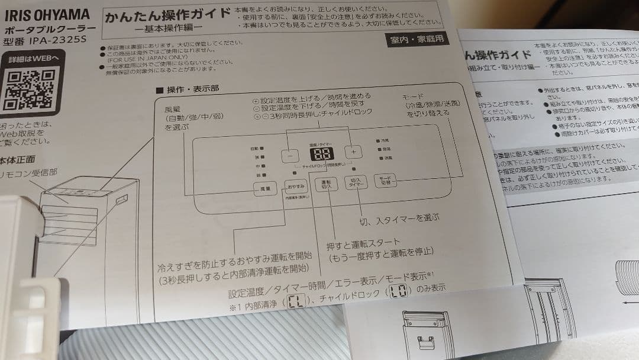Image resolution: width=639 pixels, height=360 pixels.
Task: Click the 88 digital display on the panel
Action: coord(321,155)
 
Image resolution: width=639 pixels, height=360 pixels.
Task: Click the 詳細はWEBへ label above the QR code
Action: coord(33,58)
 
